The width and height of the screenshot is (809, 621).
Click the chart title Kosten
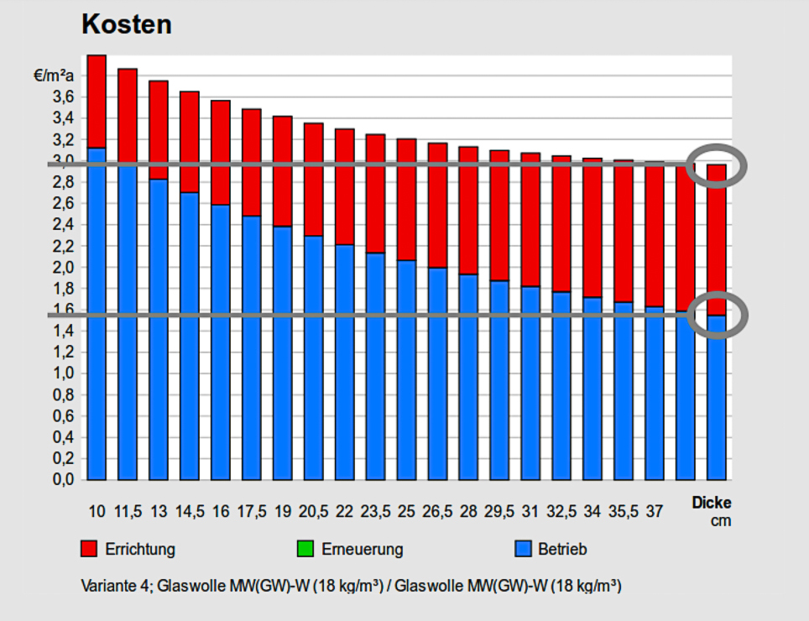click(x=127, y=24)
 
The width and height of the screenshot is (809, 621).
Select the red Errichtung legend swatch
click(x=90, y=550)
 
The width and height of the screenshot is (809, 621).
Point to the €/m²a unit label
click(x=55, y=76)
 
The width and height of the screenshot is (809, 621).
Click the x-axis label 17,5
click(x=252, y=511)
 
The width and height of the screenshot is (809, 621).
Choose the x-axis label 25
click(x=407, y=511)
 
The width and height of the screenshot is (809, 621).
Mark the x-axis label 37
click(x=655, y=511)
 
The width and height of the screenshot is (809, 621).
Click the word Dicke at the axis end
click(x=712, y=504)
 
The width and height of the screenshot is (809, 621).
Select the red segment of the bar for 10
click(x=97, y=101)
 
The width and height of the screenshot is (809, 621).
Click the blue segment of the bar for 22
click(x=345, y=361)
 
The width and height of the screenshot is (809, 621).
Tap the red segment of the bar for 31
click(x=530, y=219)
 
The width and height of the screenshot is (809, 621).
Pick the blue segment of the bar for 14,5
click(x=190, y=336)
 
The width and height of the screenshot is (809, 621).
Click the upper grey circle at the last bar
click(x=716, y=166)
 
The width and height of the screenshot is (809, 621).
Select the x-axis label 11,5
click(x=128, y=511)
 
